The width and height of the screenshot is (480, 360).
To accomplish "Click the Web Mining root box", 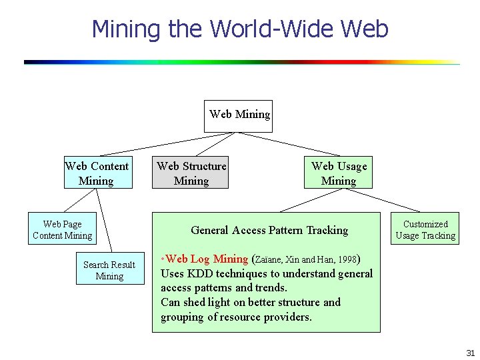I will (238, 115).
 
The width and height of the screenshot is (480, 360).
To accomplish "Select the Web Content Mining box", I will (97, 173).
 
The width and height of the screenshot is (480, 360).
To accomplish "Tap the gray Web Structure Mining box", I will (191, 173).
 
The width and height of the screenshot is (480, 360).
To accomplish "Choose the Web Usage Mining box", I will (339, 173).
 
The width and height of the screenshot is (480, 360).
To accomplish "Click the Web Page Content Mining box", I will (62, 229).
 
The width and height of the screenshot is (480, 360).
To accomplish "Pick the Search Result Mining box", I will (109, 270).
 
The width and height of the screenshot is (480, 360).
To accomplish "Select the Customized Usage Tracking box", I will (425, 229).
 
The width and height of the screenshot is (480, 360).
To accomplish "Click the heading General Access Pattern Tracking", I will (269, 230).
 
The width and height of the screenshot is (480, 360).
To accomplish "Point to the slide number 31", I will (470, 352).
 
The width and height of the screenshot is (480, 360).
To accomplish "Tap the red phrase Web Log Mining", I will (207, 259).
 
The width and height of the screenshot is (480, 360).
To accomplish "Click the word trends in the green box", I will (270, 288).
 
